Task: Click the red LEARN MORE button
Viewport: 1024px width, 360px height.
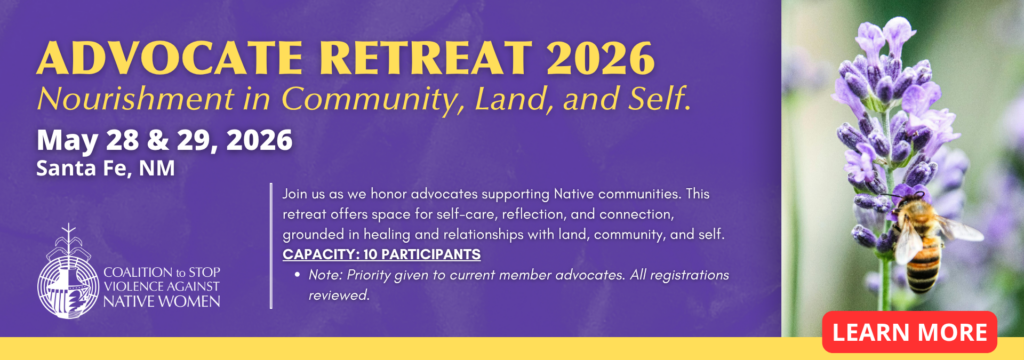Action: (x=909, y=332)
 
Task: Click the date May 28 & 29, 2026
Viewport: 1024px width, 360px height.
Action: (x=164, y=141)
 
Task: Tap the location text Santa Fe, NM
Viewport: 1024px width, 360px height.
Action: (x=106, y=169)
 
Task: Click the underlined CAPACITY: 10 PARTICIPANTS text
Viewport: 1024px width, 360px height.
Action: (x=381, y=254)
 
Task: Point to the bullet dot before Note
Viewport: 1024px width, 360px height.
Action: (x=297, y=275)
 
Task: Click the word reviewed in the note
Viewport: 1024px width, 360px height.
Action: (x=339, y=295)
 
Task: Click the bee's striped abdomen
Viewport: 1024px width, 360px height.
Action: (x=923, y=268)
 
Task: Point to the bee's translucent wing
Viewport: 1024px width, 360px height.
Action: (x=961, y=229)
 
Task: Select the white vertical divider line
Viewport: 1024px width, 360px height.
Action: (x=270, y=246)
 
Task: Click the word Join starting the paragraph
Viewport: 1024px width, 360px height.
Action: (x=295, y=195)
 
